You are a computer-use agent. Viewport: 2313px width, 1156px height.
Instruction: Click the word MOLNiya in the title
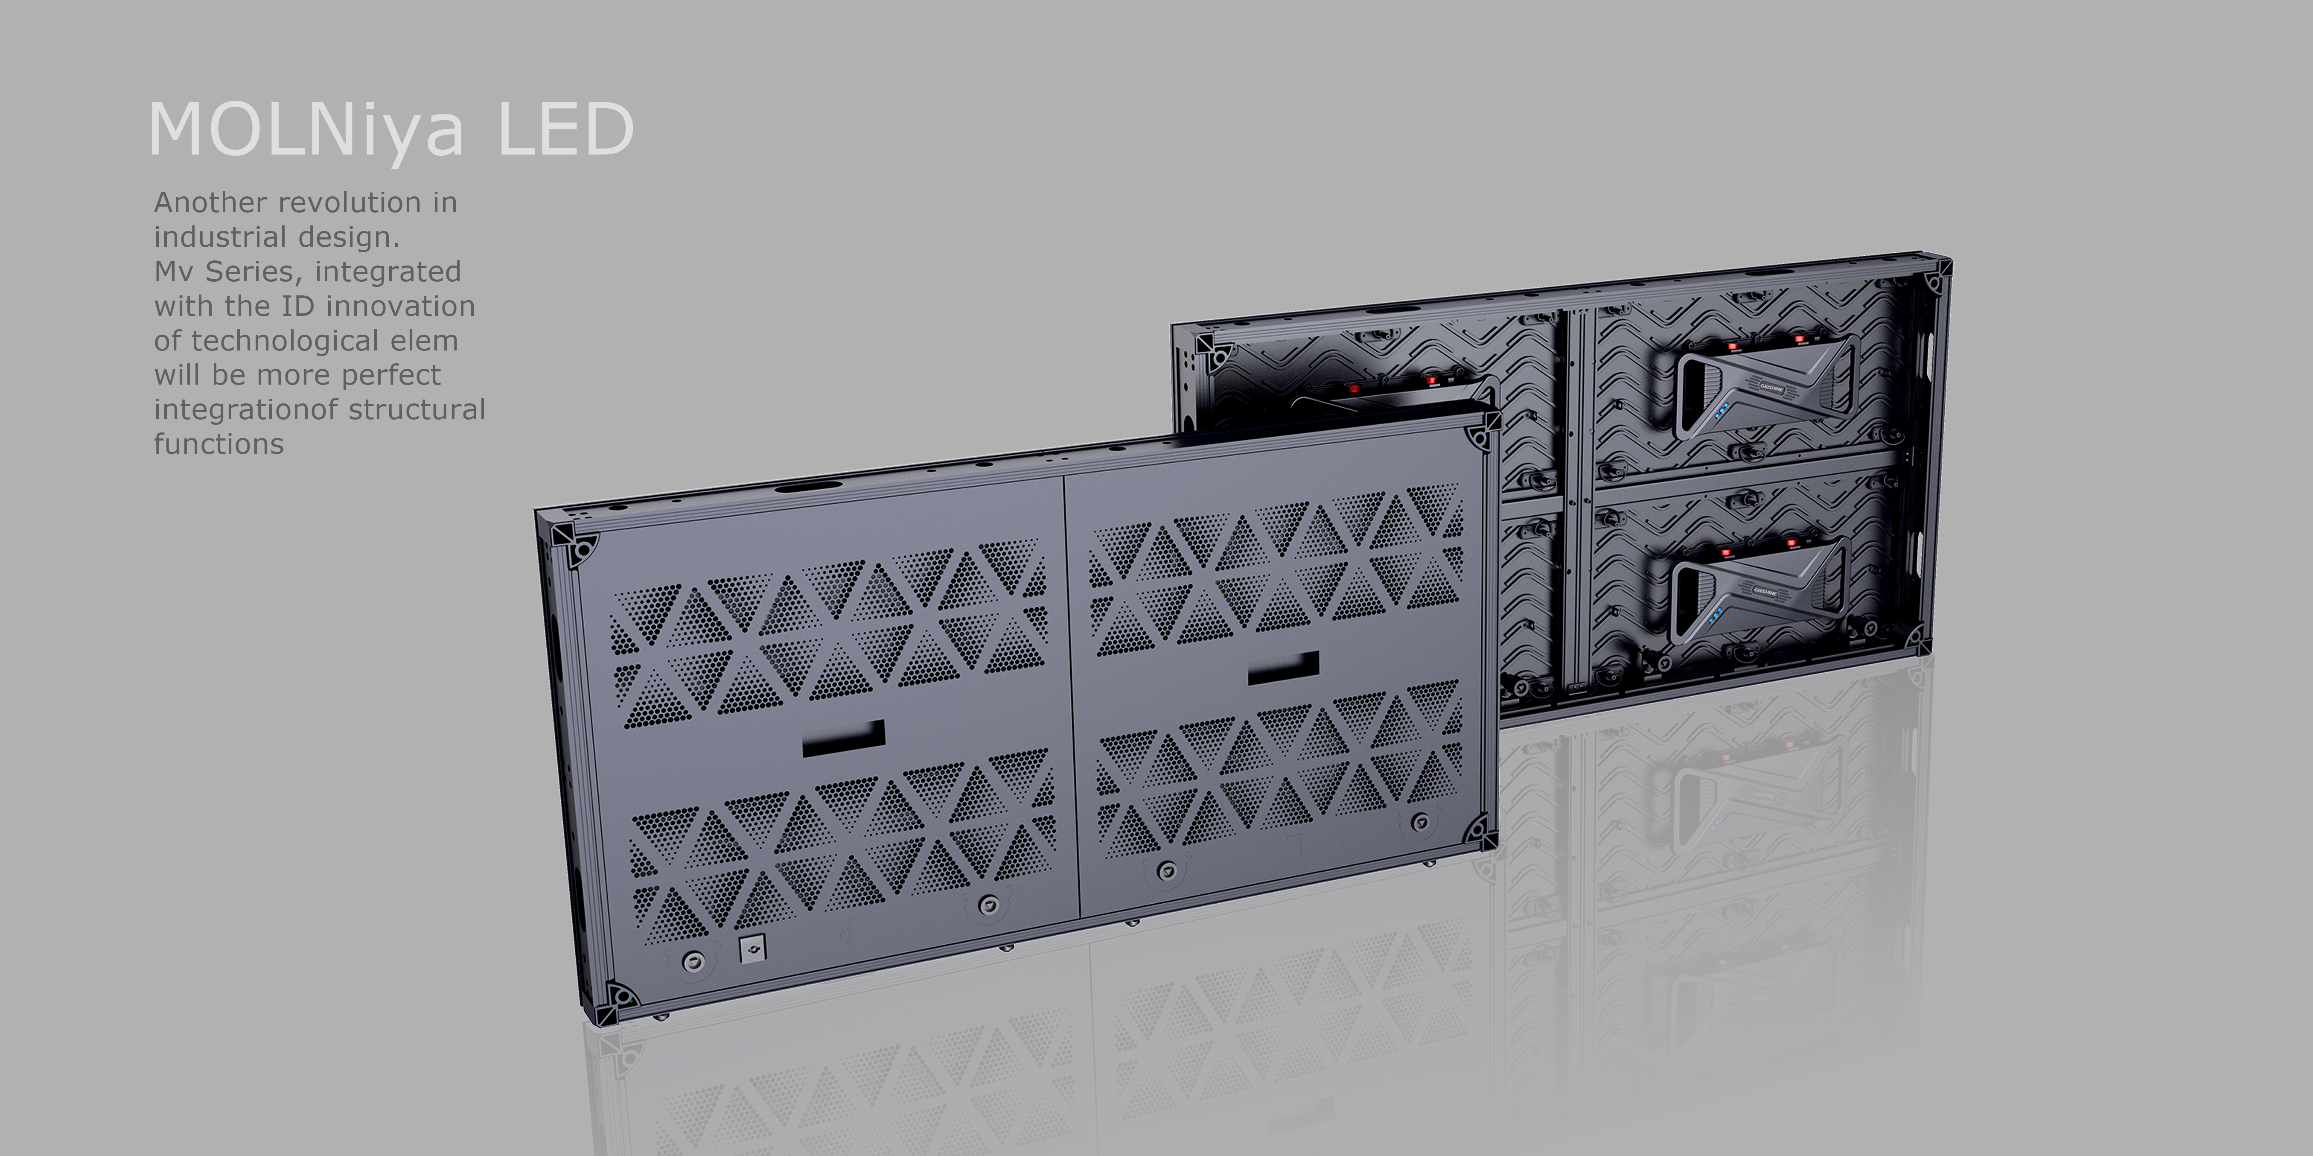pyautogui.click(x=305, y=130)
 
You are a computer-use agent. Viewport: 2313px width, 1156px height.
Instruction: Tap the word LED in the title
pyautogui.click(x=566, y=130)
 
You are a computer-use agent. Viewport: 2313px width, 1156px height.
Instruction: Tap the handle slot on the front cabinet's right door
pyautogui.click(x=1283, y=668)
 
